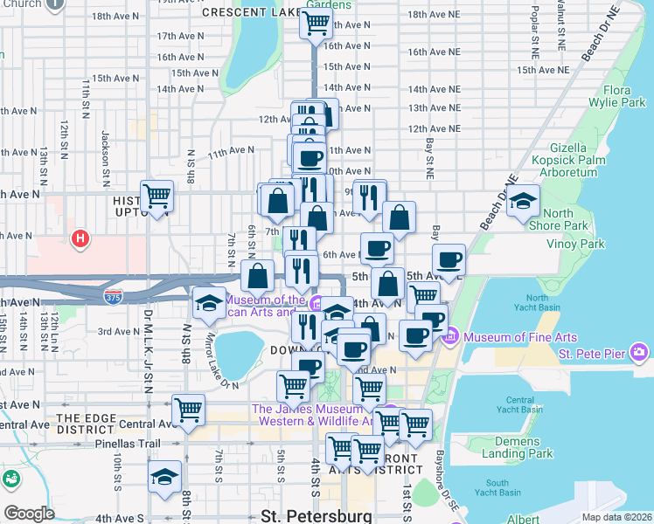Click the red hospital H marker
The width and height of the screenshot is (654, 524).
click(x=80, y=238)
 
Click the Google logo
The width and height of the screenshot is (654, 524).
click(x=29, y=514)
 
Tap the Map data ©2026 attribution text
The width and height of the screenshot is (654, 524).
click(x=617, y=517)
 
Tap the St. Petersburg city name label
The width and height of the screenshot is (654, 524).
click(x=317, y=515)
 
